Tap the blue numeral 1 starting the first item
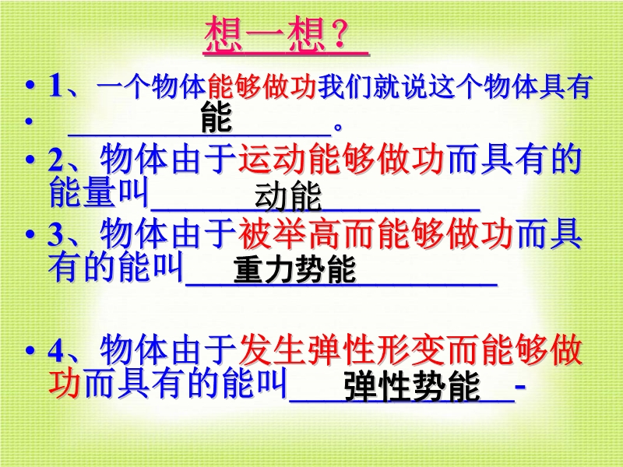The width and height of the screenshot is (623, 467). pyautogui.click(x=55, y=86)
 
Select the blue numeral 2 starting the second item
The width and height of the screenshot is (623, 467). pyautogui.click(x=55, y=160)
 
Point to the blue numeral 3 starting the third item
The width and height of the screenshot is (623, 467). pyautogui.click(x=55, y=234)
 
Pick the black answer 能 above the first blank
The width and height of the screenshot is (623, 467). pyautogui.click(x=216, y=117)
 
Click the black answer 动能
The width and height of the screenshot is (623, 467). pyautogui.click(x=287, y=197)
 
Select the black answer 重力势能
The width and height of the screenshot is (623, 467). pyautogui.click(x=294, y=269)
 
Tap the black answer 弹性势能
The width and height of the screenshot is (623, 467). pyautogui.click(x=412, y=386)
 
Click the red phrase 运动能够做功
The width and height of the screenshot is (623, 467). pyautogui.click(x=341, y=160)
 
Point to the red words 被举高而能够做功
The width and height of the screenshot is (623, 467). pyautogui.click(x=375, y=234)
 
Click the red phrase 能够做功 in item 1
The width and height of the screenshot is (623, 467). pyautogui.click(x=262, y=86)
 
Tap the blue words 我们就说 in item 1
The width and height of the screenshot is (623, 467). pyautogui.click(x=372, y=86)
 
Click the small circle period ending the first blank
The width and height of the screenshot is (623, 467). pyautogui.click(x=338, y=128)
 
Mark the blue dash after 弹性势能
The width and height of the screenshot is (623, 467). pyautogui.click(x=520, y=385)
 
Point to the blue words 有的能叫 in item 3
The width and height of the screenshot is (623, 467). pyautogui.click(x=115, y=266)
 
